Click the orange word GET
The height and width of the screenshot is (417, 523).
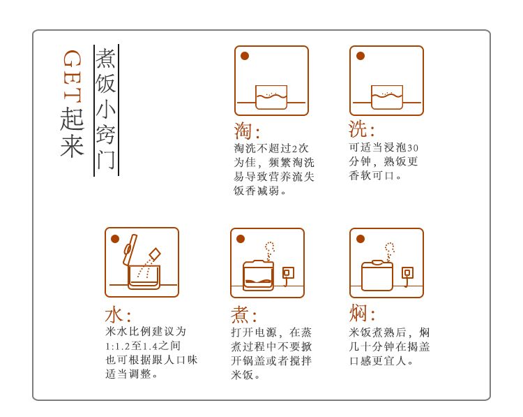click(x=72, y=76)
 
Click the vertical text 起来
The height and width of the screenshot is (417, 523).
click(x=72, y=131)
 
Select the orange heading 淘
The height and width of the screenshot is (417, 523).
click(x=243, y=131)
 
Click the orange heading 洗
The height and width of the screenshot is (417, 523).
click(x=358, y=129)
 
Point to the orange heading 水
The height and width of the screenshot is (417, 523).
click(x=114, y=315)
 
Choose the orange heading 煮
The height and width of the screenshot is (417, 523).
click(x=239, y=315)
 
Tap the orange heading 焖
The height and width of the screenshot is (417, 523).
click(x=358, y=313)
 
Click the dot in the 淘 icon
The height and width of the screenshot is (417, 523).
click(x=245, y=56)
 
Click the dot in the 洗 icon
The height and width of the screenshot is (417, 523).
click(x=361, y=56)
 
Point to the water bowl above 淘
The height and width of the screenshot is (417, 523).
click(x=271, y=97)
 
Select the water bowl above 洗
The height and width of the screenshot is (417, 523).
click(x=387, y=97)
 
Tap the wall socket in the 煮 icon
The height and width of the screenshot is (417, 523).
click(x=287, y=273)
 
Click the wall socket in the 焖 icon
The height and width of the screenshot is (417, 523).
click(x=407, y=273)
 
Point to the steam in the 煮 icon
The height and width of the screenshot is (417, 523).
click(x=269, y=251)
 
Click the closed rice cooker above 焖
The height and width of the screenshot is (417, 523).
click(x=377, y=276)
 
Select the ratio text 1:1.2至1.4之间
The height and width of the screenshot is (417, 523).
click(x=143, y=346)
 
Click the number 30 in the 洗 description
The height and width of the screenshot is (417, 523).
click(x=413, y=148)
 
